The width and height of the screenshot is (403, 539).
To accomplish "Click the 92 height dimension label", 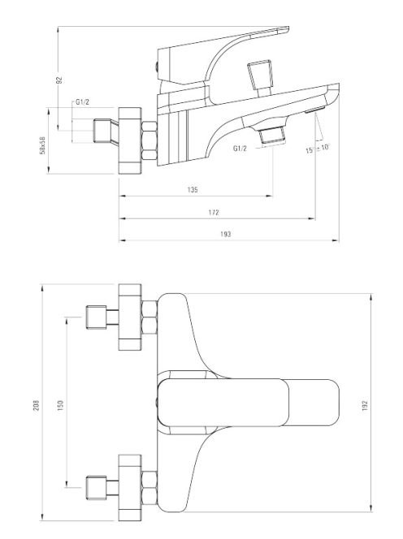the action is coord(59,80).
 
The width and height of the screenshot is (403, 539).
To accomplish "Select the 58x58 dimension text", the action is coord(42,145).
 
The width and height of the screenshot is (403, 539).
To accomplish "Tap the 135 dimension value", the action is coord(193,190).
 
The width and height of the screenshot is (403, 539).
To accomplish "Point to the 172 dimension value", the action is coord(214,213).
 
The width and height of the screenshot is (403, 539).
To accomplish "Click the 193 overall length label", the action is coord(225,235).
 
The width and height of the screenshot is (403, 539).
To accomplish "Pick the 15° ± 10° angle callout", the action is coord(318,149).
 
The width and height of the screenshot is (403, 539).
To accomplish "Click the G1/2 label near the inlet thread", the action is coord(83,102).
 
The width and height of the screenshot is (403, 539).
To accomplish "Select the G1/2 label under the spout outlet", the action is coord(240,149).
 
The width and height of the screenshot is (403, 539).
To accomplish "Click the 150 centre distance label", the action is coord(60,406).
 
